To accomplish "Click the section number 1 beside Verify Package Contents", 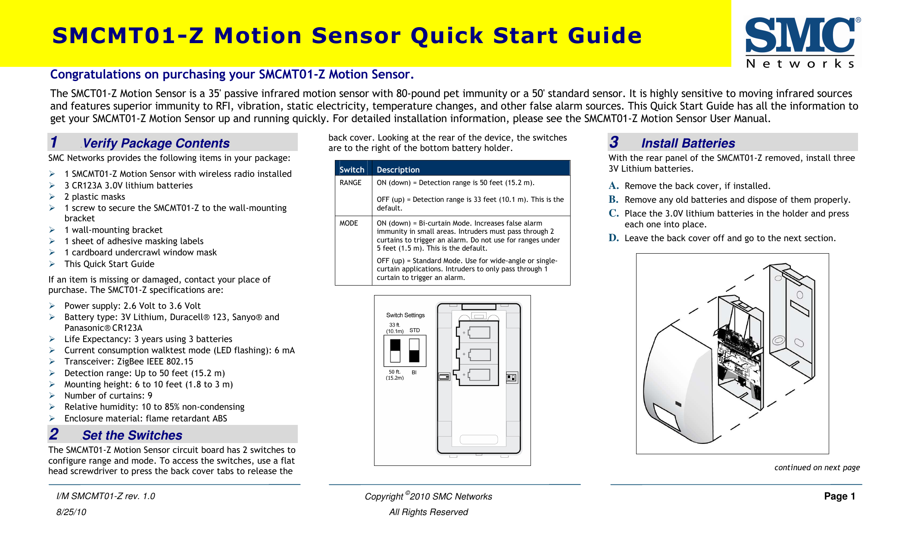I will (54, 142).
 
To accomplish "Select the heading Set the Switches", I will (132, 435).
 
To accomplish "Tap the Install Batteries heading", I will (688, 143).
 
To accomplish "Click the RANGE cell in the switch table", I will (350, 183).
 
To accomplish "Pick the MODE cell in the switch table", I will (349, 223).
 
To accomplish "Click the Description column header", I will (398, 170).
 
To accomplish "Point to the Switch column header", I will (352, 170).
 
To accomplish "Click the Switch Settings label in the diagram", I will (405, 315).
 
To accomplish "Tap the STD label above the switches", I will (415, 330).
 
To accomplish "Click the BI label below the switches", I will (414, 372).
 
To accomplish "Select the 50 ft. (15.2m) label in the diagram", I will (395, 375).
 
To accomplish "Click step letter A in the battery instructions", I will (614, 186).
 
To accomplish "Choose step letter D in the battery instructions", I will (614, 238).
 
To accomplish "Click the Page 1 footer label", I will (839, 497).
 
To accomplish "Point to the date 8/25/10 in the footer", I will (71, 512).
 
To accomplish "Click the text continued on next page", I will (817, 468).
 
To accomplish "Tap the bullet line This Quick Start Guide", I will (109, 264).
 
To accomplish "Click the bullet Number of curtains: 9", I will (108, 396).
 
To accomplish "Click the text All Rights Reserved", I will (428, 512).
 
